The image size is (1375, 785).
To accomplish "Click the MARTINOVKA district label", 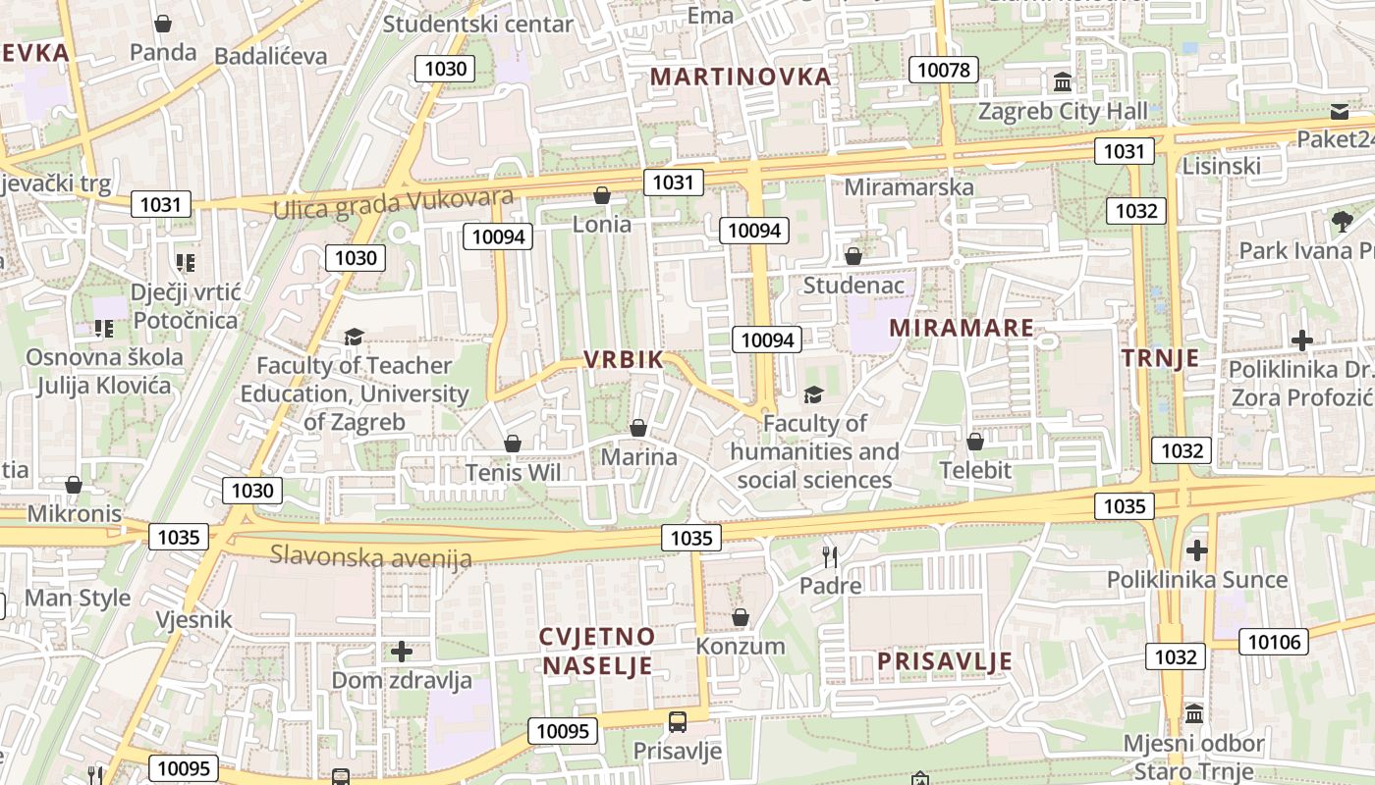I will pos(741,77).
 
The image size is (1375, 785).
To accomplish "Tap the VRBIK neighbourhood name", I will pos(625,360).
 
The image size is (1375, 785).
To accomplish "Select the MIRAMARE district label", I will pos(962,329).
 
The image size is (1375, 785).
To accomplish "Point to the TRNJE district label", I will pos(1161,358).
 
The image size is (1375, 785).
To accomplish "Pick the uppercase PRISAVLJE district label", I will pos(944,662).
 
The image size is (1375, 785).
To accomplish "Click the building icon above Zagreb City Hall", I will pos(1062,82).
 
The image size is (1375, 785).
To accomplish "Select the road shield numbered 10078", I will pos(944,69).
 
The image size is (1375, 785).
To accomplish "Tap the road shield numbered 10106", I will pos(1274,643).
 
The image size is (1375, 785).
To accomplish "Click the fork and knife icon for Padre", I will pos(830,557).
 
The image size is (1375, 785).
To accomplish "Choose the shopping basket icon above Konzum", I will pos(741,617).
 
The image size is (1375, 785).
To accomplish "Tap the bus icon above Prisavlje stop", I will pos(678,722).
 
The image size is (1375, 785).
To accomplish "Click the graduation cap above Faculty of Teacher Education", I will pos(354,337).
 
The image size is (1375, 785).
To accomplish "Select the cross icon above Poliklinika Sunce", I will pos(1196,550).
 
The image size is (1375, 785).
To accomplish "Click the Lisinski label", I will pos(1221,166).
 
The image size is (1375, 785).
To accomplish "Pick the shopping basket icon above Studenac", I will pos(852,256).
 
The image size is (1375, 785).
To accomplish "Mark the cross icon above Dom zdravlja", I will pos(401,651).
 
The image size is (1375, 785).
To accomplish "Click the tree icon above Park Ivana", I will pos(1342,221).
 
